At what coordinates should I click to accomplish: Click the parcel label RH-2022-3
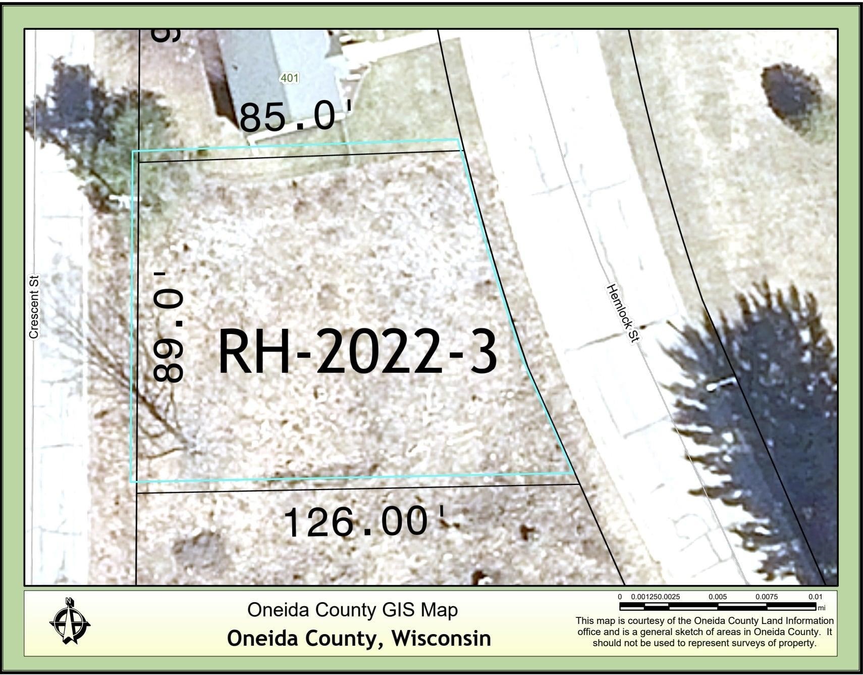pyautogui.click(x=357, y=352)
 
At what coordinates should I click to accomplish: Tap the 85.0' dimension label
pyautogui.click(x=294, y=117)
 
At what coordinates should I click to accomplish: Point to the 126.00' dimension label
pyautogui.click(x=363, y=521)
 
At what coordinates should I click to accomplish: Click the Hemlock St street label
pyautogui.click(x=623, y=313)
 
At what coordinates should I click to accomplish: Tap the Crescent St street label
pyautogui.click(x=34, y=307)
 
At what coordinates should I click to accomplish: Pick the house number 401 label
pyautogui.click(x=289, y=78)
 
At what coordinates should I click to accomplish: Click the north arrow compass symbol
pyautogui.click(x=70, y=621)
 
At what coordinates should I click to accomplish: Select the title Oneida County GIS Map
pyautogui.click(x=352, y=610)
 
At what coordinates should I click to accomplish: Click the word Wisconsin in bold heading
pyautogui.click(x=441, y=638)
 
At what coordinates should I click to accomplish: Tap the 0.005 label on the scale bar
pyautogui.click(x=717, y=597)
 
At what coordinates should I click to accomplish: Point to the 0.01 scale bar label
pyautogui.click(x=815, y=597)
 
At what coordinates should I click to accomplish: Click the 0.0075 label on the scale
pyautogui.click(x=766, y=597)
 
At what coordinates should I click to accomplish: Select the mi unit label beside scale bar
pyautogui.click(x=822, y=608)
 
